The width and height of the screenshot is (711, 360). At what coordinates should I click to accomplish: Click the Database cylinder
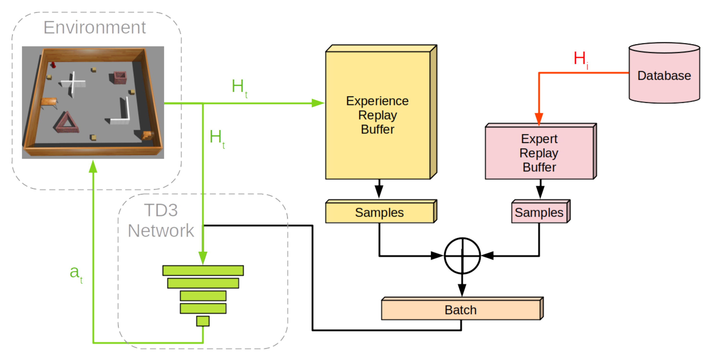[x=664, y=74]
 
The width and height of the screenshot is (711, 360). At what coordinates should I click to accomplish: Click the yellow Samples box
[x=379, y=212]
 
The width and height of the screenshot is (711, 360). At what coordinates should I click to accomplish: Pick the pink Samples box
[x=539, y=212]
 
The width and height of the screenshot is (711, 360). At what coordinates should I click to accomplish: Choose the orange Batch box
[x=460, y=310]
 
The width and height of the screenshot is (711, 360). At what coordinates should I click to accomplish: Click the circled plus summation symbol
[x=462, y=256]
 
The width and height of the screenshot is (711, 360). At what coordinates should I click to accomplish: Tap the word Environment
[x=94, y=27]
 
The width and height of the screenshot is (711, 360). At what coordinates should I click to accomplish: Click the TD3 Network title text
[x=161, y=220]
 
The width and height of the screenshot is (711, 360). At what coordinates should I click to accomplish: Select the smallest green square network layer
[x=203, y=321]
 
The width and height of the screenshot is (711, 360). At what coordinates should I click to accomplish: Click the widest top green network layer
[x=203, y=270]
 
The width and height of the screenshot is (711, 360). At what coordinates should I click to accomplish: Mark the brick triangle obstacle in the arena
[x=66, y=123]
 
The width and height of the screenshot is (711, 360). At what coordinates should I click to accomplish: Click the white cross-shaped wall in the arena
[x=73, y=83]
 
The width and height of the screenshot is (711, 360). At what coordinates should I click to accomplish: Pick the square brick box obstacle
[x=120, y=78]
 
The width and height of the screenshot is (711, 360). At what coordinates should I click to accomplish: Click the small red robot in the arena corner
[x=53, y=65]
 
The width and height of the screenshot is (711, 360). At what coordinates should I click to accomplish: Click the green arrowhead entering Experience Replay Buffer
[x=318, y=103]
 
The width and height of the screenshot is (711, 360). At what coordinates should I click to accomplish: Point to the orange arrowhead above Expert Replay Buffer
[x=539, y=119]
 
